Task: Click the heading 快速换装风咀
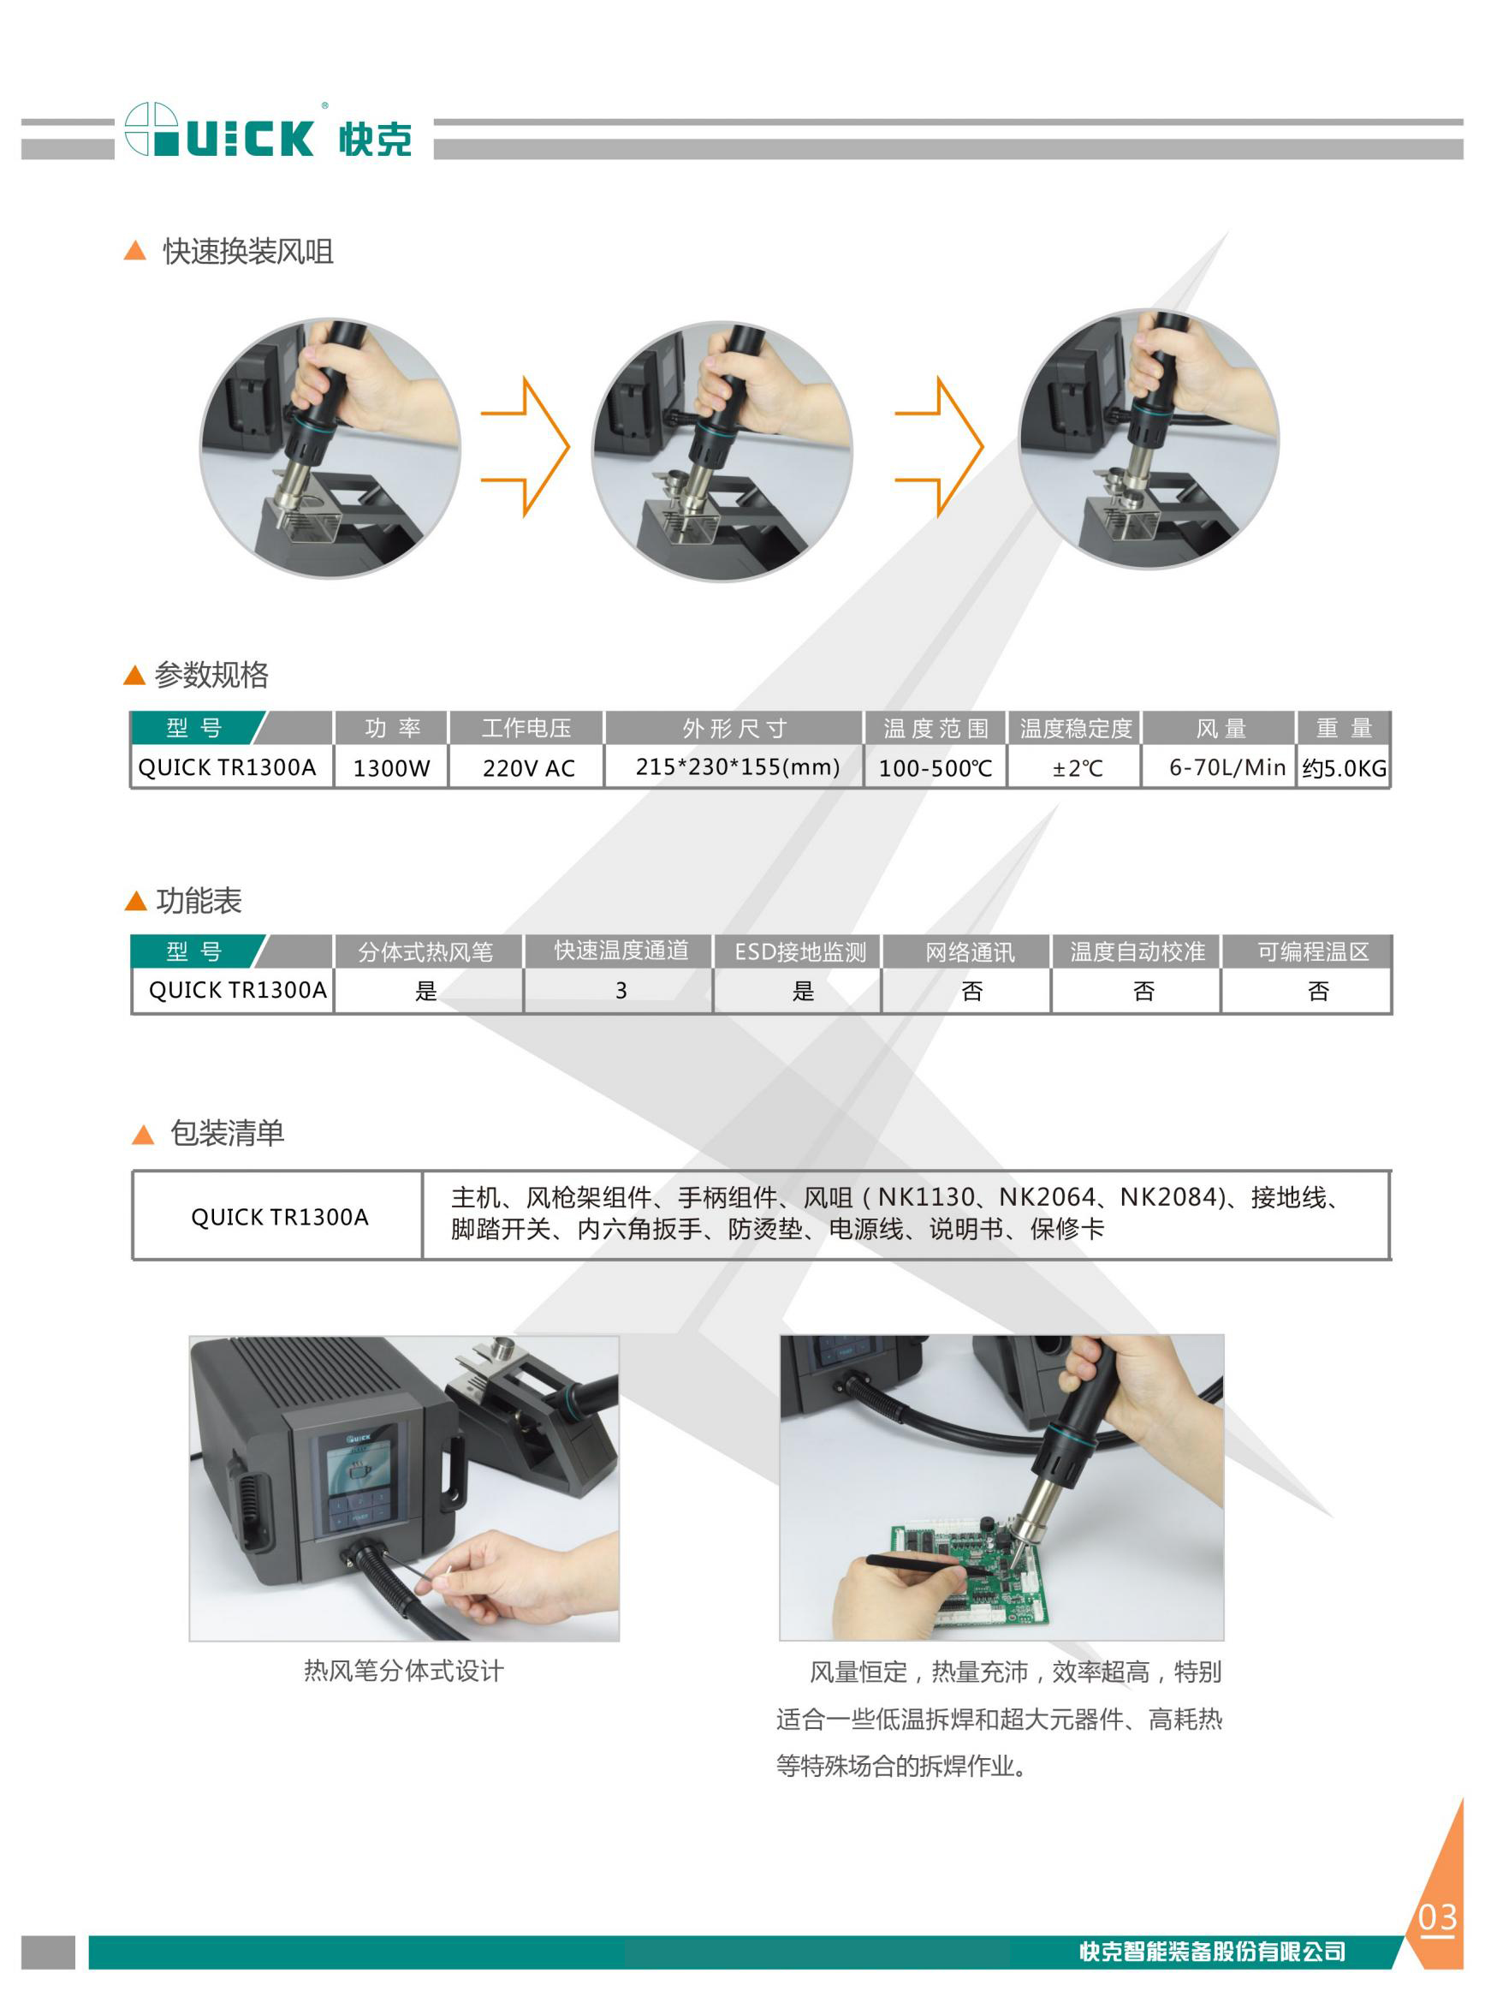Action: point(248,252)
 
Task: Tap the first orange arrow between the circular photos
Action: point(526,446)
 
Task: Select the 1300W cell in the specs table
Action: point(391,768)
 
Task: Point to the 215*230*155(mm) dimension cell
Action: point(737,767)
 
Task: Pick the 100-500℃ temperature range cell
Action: point(935,768)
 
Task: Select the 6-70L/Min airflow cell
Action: point(1227,767)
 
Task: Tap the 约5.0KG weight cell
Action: point(1344,768)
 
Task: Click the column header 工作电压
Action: point(526,728)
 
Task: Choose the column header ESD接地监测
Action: point(800,951)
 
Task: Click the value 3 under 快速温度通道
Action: point(621,991)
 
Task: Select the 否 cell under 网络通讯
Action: point(971,991)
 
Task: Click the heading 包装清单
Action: point(228,1133)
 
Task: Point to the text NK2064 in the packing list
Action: point(1048,1197)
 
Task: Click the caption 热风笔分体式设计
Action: point(404,1671)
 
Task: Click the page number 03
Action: point(1436,1918)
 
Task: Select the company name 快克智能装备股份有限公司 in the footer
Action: point(1212,1952)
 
